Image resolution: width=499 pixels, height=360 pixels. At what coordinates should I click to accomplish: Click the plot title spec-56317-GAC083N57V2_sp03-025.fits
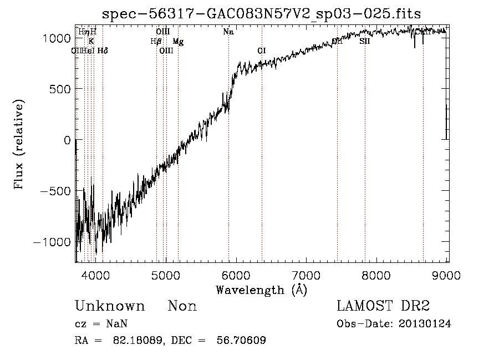[x=262, y=13]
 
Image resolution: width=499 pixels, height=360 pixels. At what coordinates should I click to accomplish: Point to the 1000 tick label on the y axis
[x=57, y=38]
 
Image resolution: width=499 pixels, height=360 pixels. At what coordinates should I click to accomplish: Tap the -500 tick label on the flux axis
[x=54, y=191]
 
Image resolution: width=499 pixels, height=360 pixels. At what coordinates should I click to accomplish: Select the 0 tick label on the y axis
[x=67, y=140]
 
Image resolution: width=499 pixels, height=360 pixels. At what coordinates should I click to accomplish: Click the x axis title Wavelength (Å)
[x=261, y=290]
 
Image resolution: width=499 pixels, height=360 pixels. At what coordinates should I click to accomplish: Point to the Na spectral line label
[x=228, y=32]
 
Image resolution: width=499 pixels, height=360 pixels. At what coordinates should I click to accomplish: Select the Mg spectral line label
[x=178, y=41]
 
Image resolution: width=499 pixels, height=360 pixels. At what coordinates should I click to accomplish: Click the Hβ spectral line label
[x=156, y=41]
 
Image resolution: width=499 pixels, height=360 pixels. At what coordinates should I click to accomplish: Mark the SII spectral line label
[x=364, y=41]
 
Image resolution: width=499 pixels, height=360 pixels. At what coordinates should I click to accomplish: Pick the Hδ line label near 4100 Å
[x=103, y=50]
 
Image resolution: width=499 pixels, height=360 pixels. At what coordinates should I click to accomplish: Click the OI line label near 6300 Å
[x=262, y=50]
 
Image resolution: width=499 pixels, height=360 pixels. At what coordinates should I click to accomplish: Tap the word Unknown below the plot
[x=110, y=306]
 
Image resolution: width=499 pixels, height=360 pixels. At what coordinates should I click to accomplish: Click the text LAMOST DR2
[x=383, y=306]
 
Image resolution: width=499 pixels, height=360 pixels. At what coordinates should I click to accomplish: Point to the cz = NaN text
[x=102, y=324]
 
